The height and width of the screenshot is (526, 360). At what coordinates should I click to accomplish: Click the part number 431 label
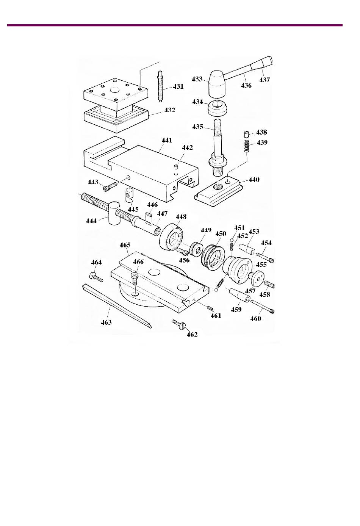point(178,86)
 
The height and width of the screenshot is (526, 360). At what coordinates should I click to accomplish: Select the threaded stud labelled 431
point(160,86)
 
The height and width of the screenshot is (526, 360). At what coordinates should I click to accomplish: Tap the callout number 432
point(169,110)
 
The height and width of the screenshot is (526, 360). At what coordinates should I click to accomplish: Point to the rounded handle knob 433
point(218,84)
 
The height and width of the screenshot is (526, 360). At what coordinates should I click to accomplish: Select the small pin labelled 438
point(246,134)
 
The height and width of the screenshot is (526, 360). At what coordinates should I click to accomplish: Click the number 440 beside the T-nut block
point(254,180)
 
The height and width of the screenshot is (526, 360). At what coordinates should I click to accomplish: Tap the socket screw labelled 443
point(110,187)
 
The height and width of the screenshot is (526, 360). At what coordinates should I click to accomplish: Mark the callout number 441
point(167,140)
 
